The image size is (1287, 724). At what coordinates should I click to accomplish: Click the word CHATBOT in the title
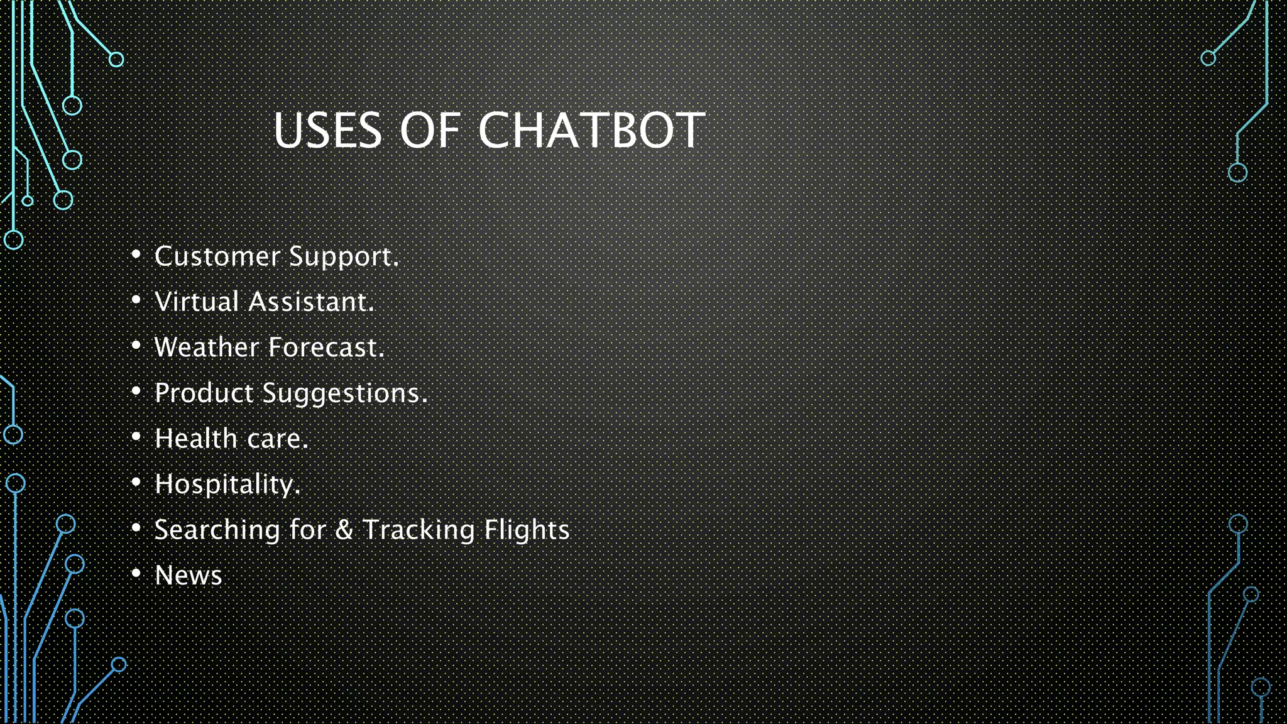coord(591,131)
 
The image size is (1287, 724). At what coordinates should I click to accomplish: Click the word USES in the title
coord(327,131)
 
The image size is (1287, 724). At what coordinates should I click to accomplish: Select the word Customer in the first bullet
coord(217,256)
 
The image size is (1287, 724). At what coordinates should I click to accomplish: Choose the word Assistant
coord(310,302)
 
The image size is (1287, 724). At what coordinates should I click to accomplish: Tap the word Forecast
coord(326,348)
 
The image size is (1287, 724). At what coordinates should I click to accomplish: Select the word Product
coord(204,393)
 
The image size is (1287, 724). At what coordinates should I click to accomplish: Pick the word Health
coord(196,439)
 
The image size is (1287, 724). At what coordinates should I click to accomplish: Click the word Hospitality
coord(227,485)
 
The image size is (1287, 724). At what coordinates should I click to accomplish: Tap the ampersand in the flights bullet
coord(344,530)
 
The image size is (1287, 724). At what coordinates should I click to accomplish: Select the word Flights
coord(527,530)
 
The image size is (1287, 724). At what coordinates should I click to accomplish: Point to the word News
coord(189,576)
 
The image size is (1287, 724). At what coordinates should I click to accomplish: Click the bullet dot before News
coord(136,573)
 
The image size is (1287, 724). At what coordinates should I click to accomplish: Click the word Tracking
coord(419,530)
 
